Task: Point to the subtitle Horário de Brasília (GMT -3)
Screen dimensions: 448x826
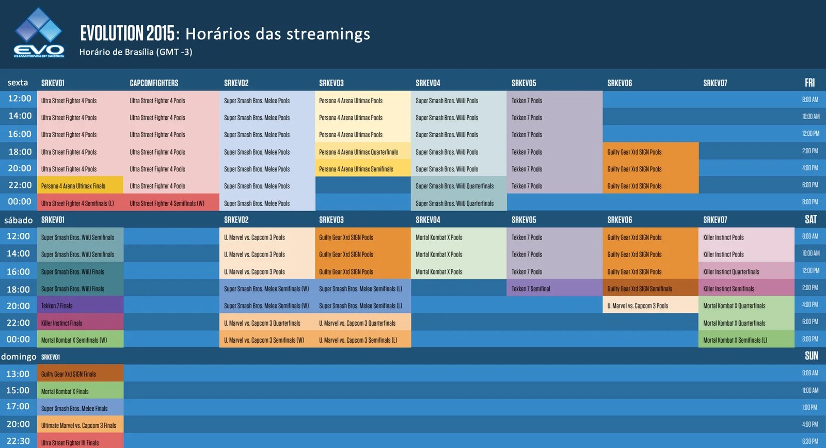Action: click(136, 52)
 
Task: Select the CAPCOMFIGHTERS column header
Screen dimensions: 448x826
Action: click(154, 83)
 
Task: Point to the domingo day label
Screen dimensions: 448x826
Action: click(19, 357)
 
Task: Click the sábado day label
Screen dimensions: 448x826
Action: click(18, 220)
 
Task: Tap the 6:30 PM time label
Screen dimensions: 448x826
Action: click(810, 441)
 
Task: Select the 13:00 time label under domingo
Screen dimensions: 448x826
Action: click(18, 374)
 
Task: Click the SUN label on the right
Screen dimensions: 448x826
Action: click(811, 356)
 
